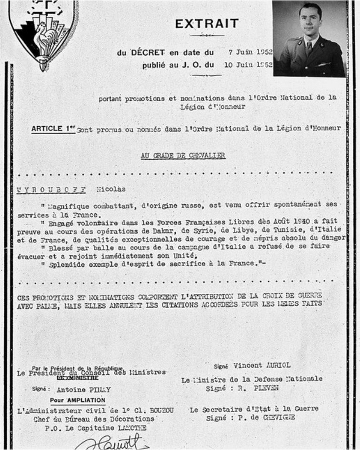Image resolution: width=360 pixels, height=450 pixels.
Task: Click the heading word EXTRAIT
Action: coord(207,24)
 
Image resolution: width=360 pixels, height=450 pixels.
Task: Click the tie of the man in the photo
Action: coord(309,48)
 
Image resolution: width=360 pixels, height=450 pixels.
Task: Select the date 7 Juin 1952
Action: coord(250,52)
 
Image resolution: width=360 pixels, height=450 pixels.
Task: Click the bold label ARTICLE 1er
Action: coord(53,129)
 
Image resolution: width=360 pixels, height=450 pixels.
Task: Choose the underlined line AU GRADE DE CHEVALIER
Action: coord(183,155)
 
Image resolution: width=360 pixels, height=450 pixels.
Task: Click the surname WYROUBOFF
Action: coord(51,190)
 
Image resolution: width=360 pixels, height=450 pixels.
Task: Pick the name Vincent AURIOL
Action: coord(262,365)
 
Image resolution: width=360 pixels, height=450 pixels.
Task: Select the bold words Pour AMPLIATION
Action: coord(77,400)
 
